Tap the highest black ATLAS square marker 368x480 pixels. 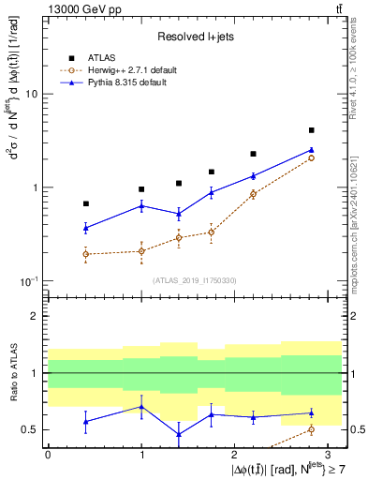(x=311, y=130)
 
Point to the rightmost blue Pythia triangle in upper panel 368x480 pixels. (x=311, y=149)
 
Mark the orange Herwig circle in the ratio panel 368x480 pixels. (x=311, y=429)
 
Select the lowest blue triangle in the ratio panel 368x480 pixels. (x=178, y=434)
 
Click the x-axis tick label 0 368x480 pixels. (x=48, y=454)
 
